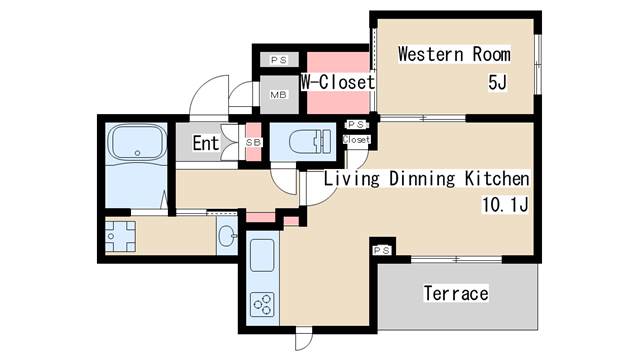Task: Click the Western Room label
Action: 454,54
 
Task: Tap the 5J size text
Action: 498,82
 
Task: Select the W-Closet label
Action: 338,82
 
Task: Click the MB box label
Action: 279,95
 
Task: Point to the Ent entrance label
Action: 206,143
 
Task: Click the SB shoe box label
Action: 253,142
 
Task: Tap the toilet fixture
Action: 311,142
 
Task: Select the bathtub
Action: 137,142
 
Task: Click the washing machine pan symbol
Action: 120,236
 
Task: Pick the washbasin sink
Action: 227,236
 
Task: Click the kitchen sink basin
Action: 262,256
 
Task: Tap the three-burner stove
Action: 262,304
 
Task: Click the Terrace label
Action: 456,293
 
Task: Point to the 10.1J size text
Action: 505,204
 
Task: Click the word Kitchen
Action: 497,178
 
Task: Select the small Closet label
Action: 356,140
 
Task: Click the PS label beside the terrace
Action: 382,250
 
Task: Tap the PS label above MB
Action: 279,60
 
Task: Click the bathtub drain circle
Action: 138,153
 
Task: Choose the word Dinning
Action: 422,179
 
